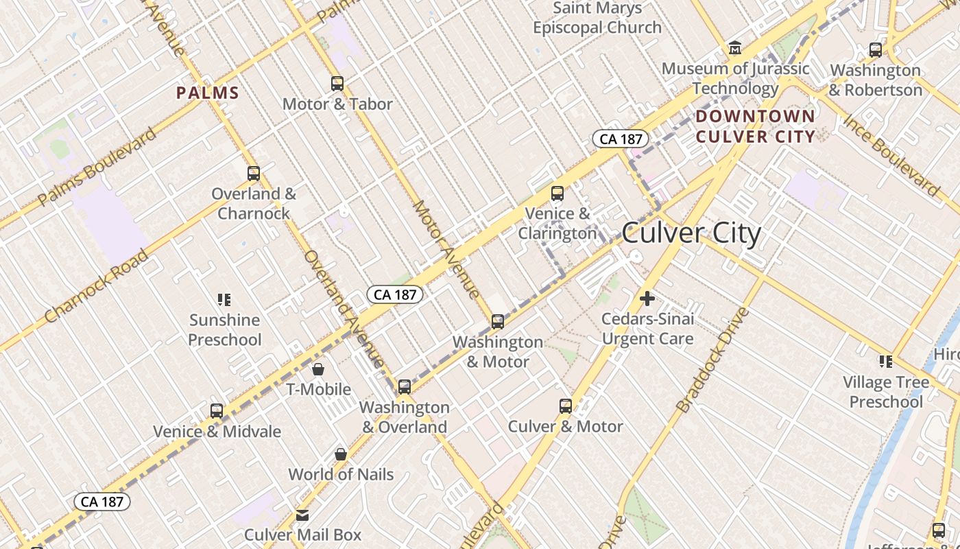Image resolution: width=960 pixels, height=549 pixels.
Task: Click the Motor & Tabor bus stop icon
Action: [x=337, y=84]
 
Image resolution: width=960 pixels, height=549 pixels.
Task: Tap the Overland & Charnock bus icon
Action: [x=254, y=174]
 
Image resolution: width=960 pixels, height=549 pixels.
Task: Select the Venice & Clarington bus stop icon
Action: [x=557, y=194]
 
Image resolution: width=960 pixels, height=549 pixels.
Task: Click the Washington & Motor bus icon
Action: [x=498, y=321]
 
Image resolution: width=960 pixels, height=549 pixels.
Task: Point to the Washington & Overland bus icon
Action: [x=405, y=387]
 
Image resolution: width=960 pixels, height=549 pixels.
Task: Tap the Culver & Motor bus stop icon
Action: [x=566, y=406]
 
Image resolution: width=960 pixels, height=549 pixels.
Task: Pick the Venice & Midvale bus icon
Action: [x=217, y=411]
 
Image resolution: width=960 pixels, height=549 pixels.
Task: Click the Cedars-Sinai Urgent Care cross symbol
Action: [x=647, y=299]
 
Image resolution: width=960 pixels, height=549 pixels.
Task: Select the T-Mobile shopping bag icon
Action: [x=318, y=369]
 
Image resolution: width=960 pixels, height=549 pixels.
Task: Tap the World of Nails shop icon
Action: [x=341, y=454]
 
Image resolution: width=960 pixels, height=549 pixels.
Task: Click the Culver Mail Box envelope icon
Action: [x=302, y=515]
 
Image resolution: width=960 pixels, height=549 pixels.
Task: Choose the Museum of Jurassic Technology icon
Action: [x=735, y=48]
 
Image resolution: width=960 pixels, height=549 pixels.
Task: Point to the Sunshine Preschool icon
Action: [x=224, y=300]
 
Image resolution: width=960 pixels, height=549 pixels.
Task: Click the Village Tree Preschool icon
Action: [x=886, y=362]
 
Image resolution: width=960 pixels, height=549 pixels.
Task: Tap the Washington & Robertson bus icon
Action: [x=876, y=50]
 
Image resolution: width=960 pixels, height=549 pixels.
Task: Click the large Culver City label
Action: [x=691, y=233]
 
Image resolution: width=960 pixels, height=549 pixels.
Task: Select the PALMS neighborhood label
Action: [x=208, y=93]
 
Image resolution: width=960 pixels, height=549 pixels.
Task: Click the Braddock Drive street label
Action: [x=713, y=360]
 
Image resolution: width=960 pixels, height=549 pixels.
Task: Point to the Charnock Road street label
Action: [x=96, y=287]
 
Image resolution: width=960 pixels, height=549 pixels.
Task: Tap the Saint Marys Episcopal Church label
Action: [x=597, y=18]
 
